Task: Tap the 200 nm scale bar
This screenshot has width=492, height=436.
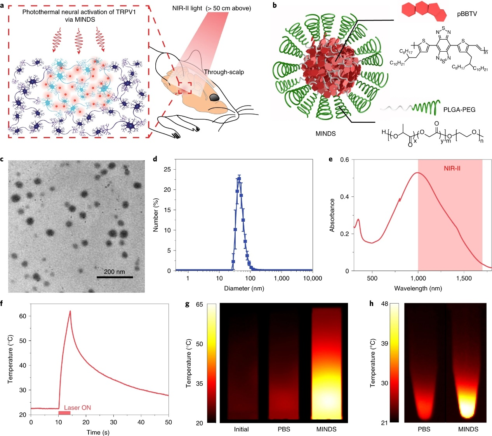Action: click(115, 277)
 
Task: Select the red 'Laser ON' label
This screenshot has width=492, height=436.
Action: click(77, 408)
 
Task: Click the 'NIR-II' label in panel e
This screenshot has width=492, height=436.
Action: click(452, 168)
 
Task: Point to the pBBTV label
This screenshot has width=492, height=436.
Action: click(467, 14)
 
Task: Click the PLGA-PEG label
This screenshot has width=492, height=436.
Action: click(459, 110)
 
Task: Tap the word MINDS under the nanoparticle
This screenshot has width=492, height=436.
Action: click(325, 134)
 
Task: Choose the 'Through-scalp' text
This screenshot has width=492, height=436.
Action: click(224, 72)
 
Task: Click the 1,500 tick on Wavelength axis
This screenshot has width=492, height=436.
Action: click(464, 278)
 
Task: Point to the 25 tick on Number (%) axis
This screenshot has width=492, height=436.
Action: click(167, 169)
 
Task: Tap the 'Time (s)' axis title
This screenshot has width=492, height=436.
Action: click(99, 432)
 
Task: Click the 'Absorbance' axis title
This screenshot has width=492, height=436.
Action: click(332, 215)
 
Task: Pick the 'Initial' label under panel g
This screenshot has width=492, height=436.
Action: click(241, 429)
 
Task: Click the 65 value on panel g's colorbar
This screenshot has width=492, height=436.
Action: click(199, 304)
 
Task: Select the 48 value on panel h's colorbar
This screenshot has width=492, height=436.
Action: click(384, 304)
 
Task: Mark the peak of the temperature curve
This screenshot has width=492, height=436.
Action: click(70, 311)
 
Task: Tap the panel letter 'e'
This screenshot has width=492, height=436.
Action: click(330, 159)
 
